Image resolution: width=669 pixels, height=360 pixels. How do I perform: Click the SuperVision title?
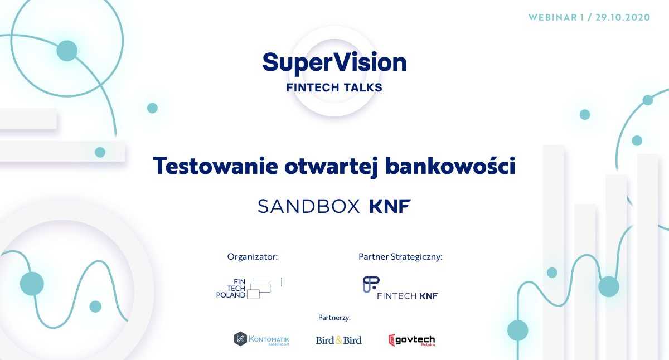tap(334, 63)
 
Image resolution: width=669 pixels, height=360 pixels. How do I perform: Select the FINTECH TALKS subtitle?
tap(334, 87)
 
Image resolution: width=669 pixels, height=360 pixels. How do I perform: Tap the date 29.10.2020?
tap(623, 17)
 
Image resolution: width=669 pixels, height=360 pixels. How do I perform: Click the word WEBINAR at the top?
tap(552, 17)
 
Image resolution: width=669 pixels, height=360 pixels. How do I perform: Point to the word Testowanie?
tap(215, 166)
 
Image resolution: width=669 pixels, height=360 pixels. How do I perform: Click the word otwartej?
tap(332, 167)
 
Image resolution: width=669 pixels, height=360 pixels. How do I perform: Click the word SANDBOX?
tap(309, 206)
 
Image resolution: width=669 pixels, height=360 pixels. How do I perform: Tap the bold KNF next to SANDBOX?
tap(390, 206)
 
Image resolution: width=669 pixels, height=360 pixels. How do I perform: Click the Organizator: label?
tap(253, 257)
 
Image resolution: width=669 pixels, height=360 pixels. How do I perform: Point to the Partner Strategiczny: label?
tap(400, 257)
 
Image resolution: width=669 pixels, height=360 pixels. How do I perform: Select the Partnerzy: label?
tap(334, 318)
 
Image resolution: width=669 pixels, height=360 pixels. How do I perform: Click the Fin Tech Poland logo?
tap(249, 288)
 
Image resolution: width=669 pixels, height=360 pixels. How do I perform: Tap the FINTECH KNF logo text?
tap(408, 296)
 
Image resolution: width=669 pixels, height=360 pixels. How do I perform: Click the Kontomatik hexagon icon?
tap(240, 339)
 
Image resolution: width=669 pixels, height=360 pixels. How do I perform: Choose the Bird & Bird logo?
tap(339, 340)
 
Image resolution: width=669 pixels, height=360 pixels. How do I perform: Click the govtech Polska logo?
tap(411, 340)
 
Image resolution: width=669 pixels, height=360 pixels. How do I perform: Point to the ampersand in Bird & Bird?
tap(339, 340)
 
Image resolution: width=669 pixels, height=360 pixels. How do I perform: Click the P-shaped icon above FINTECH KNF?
tap(371, 284)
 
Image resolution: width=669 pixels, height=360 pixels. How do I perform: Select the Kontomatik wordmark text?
tap(269, 339)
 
